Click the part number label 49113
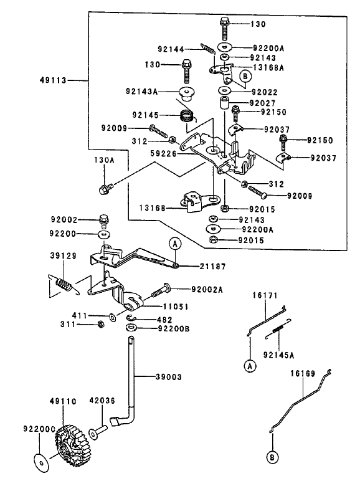coord(53,80)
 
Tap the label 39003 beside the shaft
coord(168,377)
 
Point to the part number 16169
coord(302,373)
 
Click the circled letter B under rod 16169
coord(272,458)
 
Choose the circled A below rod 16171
coord(250,366)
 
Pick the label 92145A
coord(278,355)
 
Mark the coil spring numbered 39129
coord(64,284)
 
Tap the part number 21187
coord(212,266)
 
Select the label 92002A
coord(207,289)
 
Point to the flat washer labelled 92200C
coord(40,461)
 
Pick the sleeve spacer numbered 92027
coord(224,103)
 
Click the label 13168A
coord(268,68)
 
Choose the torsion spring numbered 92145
coord(186,116)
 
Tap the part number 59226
coord(163,153)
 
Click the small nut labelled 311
coord(100,324)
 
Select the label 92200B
coord(174,328)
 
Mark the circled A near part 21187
coord(175,244)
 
